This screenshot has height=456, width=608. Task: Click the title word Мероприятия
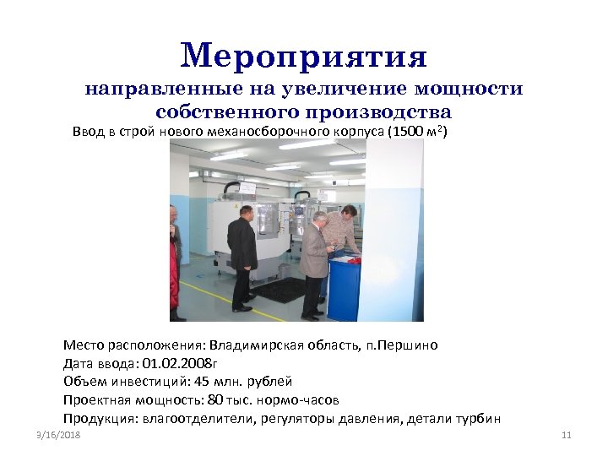coord(304,57)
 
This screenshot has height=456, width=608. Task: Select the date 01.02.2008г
coord(182,364)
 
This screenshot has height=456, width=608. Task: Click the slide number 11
coord(567,436)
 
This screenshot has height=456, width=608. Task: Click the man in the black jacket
coord(242,253)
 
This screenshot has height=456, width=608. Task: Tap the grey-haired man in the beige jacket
coord(314,262)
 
